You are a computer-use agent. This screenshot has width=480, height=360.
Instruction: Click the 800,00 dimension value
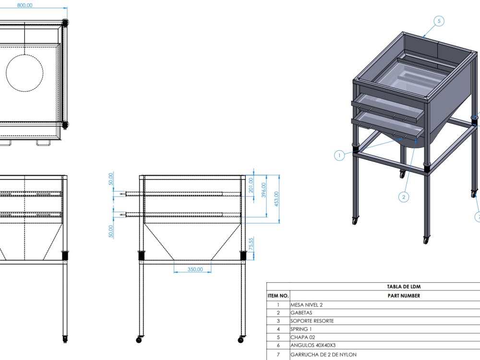24,5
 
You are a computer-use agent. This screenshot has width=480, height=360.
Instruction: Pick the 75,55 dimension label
251,244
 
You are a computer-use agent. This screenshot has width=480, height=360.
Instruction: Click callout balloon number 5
439,21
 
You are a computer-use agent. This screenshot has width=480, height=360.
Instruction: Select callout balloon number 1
339,155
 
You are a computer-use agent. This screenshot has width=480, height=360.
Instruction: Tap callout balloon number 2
404,197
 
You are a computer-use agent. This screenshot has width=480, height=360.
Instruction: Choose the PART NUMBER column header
403,296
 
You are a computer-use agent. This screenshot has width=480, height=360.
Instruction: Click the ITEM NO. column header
278,296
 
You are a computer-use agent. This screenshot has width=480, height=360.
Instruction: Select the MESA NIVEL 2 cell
310,305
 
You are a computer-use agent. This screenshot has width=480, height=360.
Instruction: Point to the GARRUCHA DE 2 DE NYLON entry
324,355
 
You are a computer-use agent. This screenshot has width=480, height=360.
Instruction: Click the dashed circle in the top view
24,73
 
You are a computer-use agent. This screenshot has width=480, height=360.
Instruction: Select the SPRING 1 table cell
301,329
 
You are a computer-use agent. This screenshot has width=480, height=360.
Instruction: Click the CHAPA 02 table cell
302,337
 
